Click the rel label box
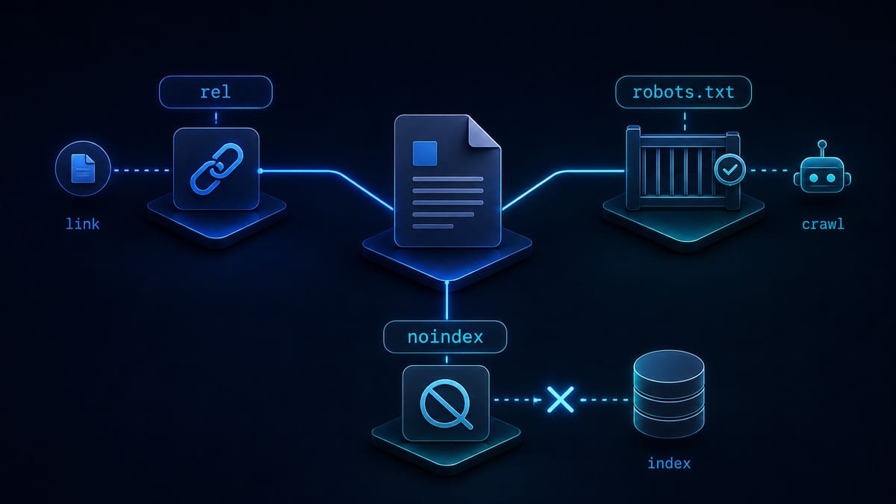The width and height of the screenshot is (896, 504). coord(216,92)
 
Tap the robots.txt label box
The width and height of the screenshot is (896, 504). coord(683,92)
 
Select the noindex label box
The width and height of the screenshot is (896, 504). coord(445,337)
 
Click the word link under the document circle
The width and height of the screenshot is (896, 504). coord(82,223)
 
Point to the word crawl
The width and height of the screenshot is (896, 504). coord(823,224)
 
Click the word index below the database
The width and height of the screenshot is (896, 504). coord(669,463)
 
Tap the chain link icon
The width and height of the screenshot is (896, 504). coord(217,169)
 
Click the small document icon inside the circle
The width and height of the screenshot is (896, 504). coord(83,169)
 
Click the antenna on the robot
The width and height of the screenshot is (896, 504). coord(822,148)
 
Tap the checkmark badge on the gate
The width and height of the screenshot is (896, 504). coord(729,169)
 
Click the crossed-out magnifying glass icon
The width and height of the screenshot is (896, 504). coord(447,404)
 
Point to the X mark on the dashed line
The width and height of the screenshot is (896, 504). coord(560,399)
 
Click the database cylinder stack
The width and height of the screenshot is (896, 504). coord(669,393)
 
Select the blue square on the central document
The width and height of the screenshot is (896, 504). coord(425,153)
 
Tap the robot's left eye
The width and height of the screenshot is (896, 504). coord(814,178)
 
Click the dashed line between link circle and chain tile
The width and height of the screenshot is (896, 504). coord(142,170)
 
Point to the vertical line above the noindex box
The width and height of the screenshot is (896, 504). coord(447,301)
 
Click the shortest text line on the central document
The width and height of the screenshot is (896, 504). coord(433,226)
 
